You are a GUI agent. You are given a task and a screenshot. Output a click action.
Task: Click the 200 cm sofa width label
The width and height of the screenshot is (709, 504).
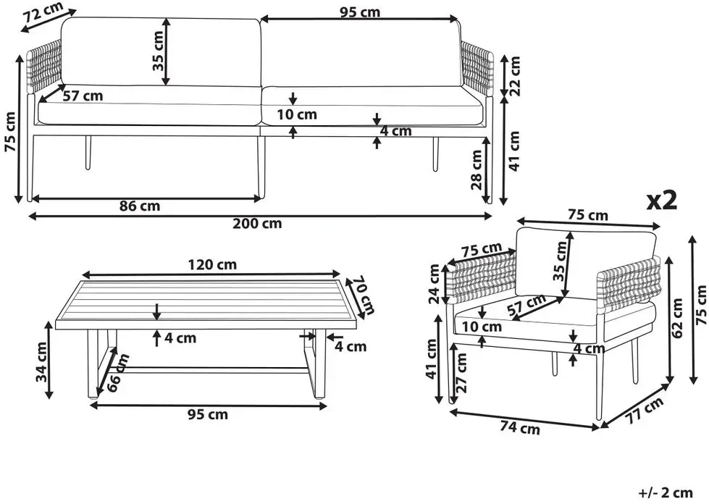(257, 223)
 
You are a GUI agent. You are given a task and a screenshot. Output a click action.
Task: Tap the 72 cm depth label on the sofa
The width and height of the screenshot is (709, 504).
(43, 12)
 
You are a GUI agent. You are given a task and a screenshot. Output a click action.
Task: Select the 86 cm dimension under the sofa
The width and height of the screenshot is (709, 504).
(140, 206)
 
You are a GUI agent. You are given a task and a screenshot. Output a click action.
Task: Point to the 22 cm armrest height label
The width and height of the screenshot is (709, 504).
(514, 75)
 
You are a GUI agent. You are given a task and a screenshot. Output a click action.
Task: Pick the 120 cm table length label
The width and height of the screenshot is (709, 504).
(212, 264)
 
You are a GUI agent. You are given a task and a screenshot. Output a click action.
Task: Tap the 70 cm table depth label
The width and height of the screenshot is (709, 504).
(364, 295)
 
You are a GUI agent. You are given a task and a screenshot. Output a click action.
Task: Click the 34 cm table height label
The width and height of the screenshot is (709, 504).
(41, 361)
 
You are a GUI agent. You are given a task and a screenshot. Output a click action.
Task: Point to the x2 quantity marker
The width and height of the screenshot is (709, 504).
(662, 201)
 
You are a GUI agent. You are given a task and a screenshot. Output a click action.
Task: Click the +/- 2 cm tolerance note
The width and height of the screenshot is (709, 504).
(666, 492)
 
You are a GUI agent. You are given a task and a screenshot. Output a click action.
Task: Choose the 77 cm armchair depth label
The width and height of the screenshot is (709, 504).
(645, 410)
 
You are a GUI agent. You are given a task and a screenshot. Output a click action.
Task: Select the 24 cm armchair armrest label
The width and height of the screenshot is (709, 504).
(434, 284)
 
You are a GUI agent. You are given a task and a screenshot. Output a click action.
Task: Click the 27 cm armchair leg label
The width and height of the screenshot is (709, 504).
(461, 372)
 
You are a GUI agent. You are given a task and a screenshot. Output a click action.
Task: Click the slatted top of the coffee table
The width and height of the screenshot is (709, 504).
(206, 301)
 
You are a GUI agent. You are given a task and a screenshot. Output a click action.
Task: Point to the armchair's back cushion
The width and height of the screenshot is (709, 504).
(586, 262)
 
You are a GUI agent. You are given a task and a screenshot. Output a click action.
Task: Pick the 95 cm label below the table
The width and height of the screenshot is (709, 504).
(208, 414)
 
